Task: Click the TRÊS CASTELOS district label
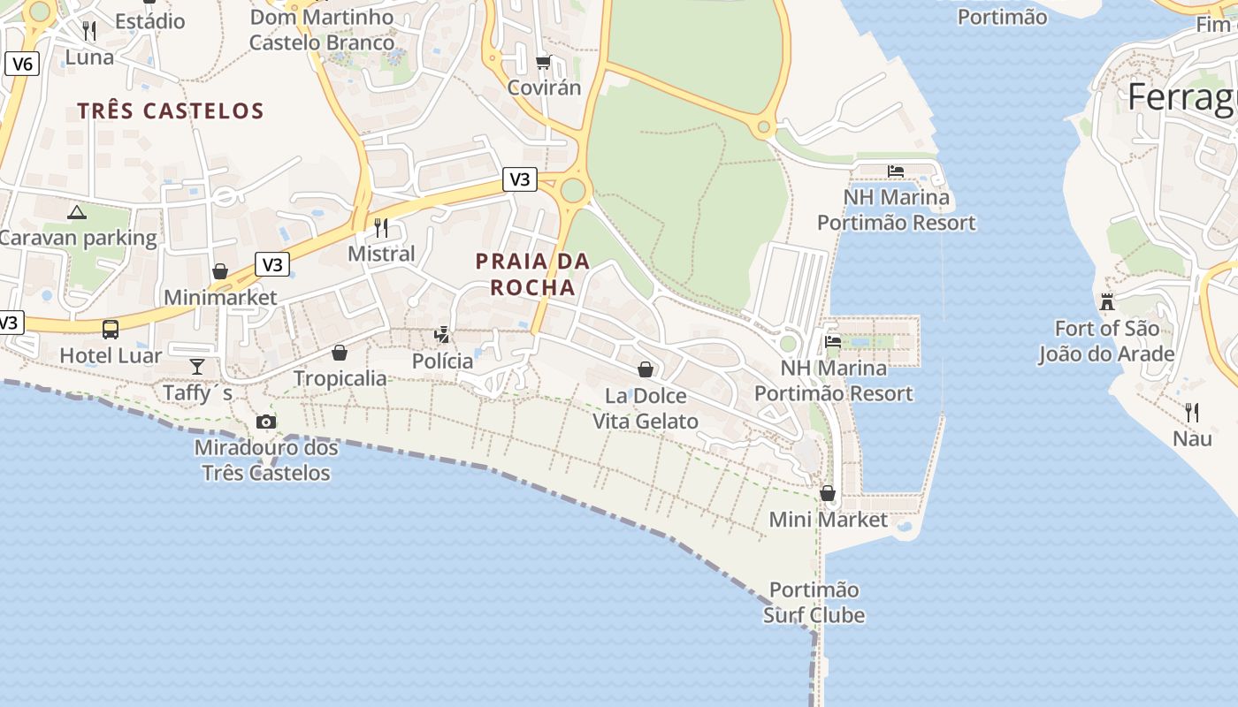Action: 171,110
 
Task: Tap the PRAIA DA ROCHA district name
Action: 532,274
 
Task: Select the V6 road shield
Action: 22,64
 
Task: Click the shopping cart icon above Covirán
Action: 543,63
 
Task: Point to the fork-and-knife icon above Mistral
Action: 381,228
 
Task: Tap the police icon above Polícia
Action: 442,335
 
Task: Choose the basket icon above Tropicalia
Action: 340,353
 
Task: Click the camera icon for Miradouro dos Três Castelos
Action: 265,422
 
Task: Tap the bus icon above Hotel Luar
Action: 111,330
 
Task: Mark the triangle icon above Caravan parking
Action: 77,212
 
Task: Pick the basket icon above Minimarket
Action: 220,271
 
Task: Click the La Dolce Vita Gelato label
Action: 646,408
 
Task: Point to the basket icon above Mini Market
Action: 828,493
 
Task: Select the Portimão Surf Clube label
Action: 814,602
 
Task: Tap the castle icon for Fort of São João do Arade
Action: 1106,302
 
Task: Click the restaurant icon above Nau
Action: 1192,412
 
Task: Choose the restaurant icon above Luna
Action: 89,31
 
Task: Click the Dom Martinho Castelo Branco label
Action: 322,29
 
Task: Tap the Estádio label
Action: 150,20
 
